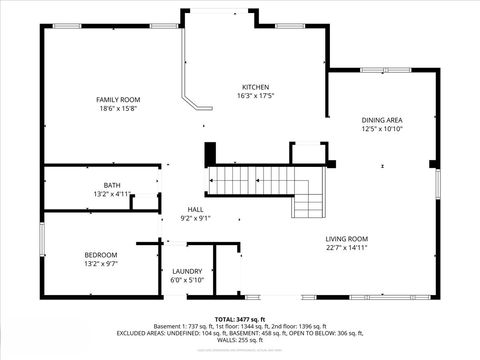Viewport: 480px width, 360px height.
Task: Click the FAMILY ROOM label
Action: [x=117, y=100]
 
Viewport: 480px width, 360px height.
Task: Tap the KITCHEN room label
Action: [x=255, y=88]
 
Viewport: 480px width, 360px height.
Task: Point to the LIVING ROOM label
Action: [x=347, y=238]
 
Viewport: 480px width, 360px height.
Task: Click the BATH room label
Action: [x=113, y=185]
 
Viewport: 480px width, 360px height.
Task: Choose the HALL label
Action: [x=195, y=209]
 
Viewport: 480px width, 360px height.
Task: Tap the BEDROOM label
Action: [x=100, y=255]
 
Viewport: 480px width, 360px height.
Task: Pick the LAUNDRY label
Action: [x=187, y=271]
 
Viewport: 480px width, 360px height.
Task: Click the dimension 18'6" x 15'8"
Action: [x=117, y=109]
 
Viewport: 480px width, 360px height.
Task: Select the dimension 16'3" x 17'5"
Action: [x=255, y=97]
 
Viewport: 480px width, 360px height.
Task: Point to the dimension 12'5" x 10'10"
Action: [x=382, y=129]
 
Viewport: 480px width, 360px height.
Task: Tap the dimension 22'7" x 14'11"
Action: [x=347, y=247]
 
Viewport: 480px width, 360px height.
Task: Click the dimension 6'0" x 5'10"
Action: [x=187, y=280]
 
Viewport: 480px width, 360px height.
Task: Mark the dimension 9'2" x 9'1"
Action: [x=195, y=218]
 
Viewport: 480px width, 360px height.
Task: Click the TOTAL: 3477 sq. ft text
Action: [x=240, y=317]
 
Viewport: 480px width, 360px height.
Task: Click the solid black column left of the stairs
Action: [x=210, y=155]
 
